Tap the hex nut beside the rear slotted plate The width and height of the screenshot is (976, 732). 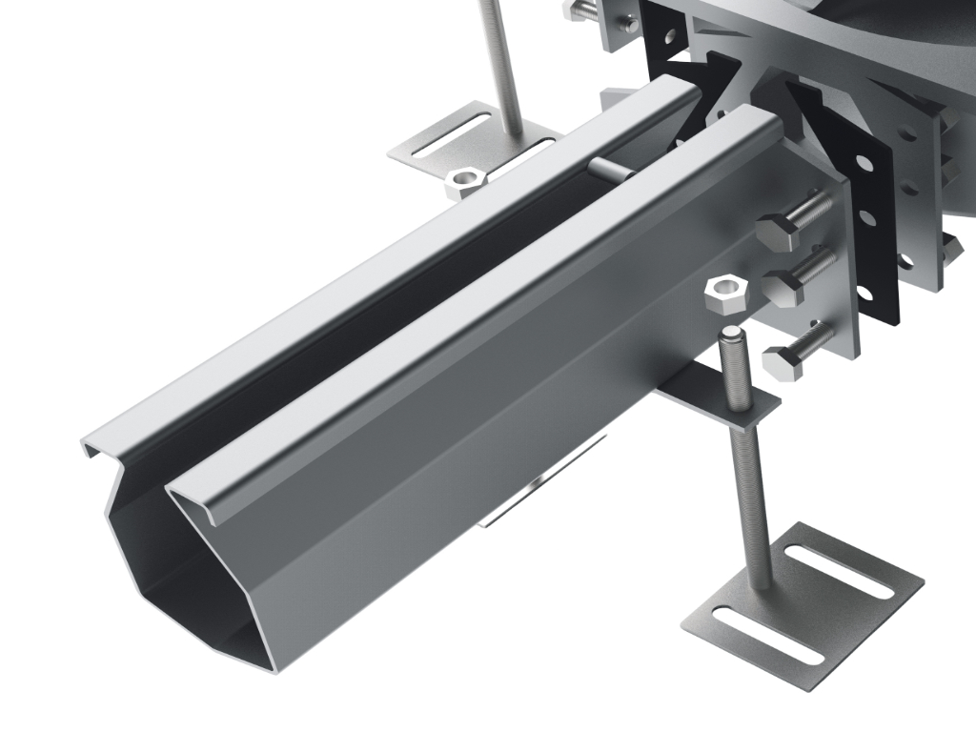pos(466,180)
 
